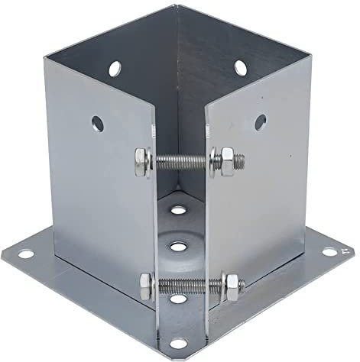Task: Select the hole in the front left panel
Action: pos(98,121)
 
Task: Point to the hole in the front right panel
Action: pos(261,121)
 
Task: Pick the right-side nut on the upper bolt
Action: pos(227,162)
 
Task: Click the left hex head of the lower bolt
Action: pos(147,284)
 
